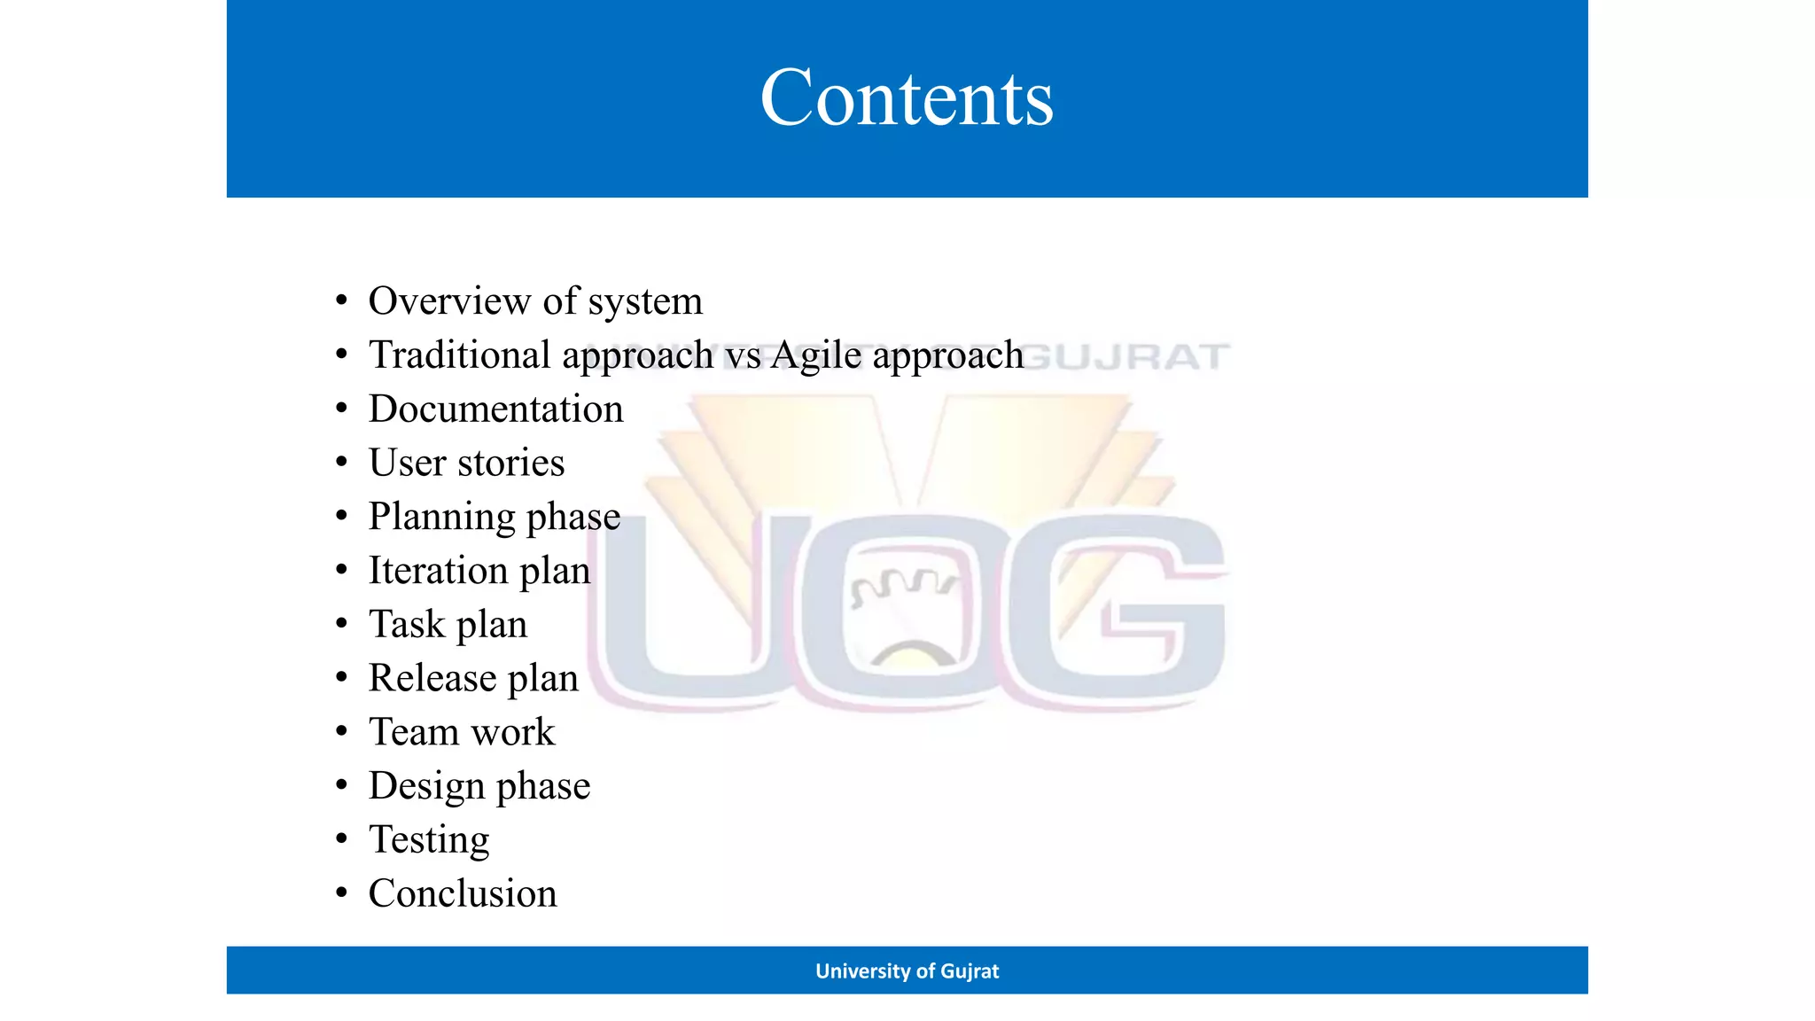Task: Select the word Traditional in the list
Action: point(460,355)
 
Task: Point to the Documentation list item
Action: point(495,409)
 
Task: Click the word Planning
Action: point(441,518)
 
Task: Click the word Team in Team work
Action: point(413,732)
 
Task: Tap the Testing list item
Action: point(429,840)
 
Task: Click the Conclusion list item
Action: point(463,893)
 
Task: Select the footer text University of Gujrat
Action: point(907,971)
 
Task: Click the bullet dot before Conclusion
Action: point(341,893)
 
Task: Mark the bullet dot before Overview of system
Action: point(341,301)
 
